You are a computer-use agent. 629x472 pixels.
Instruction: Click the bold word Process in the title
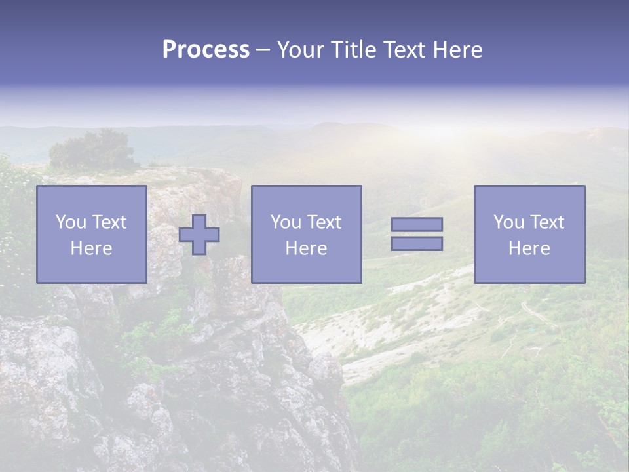click(x=206, y=50)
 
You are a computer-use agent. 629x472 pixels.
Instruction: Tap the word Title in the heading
click(x=354, y=50)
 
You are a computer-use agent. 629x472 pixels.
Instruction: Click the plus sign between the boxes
click(x=199, y=235)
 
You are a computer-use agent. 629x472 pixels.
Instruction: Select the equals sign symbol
click(x=417, y=234)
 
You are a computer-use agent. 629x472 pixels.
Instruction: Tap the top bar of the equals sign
click(x=417, y=225)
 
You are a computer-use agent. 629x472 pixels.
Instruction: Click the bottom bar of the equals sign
click(x=417, y=243)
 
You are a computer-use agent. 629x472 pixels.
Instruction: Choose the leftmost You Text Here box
click(x=92, y=234)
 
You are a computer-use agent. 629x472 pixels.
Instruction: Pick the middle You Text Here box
click(x=306, y=234)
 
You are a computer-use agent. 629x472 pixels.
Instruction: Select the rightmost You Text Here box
click(x=529, y=234)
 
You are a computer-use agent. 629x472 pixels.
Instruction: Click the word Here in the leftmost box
click(x=92, y=248)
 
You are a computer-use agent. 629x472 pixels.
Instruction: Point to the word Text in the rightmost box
click(x=546, y=222)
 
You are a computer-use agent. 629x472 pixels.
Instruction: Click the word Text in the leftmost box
click(x=109, y=222)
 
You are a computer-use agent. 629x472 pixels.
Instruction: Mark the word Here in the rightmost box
click(x=529, y=248)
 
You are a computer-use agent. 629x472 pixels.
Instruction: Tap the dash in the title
click(x=263, y=50)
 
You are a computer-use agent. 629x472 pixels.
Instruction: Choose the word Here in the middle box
click(x=306, y=248)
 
